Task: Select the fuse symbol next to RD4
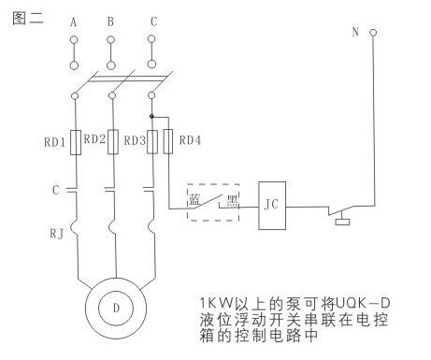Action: point(168,142)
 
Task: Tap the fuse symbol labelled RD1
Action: point(76,142)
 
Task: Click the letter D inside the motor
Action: point(116,309)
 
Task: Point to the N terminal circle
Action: point(373,33)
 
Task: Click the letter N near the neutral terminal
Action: point(355,32)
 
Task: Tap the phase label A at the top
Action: point(73,22)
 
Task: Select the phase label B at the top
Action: point(110,22)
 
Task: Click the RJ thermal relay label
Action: point(57,234)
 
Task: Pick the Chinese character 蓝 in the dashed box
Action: point(194,200)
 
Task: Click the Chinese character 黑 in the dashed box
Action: point(233,201)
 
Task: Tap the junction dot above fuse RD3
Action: point(151,117)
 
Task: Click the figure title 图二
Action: point(28,18)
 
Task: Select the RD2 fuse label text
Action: point(94,139)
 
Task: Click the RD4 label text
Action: point(190,140)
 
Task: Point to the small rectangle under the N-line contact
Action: point(342,222)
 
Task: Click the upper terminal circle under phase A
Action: point(74,40)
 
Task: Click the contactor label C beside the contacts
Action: point(55,190)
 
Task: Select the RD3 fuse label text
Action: point(135,141)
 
